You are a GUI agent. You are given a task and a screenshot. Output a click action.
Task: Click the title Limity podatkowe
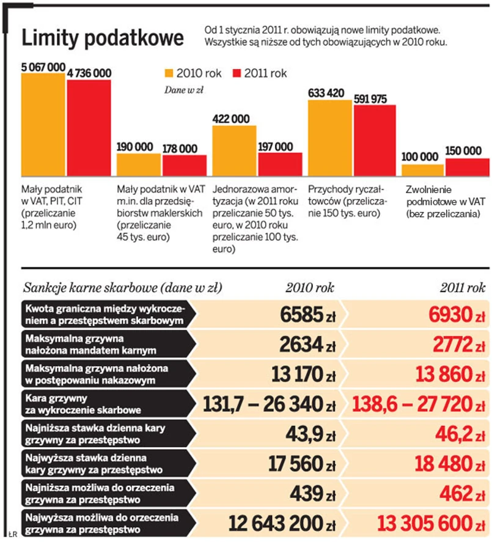tap(103, 38)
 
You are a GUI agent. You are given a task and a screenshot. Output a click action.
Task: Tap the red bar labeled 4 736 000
tap(89, 128)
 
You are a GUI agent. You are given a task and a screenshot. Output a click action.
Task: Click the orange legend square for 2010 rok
tap(169, 73)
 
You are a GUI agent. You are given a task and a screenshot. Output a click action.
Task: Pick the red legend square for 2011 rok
tap(237, 73)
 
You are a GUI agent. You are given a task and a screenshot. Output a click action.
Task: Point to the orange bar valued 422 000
tap(234, 150)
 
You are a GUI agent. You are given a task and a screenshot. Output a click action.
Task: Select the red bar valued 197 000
tap(280, 164)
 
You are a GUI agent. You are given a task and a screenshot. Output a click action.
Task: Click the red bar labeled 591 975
tap(375, 141)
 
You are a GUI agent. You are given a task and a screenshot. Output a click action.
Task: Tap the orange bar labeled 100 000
tap(422, 170)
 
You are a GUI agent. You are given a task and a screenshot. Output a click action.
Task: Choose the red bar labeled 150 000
tap(468, 167)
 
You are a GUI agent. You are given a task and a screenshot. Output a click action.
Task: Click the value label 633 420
tap(327, 93)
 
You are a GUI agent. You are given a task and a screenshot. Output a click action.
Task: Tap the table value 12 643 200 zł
tap(282, 523)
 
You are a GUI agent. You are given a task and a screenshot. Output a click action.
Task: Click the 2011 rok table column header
tap(462, 288)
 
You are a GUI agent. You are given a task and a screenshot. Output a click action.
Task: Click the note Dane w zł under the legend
tap(183, 90)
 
